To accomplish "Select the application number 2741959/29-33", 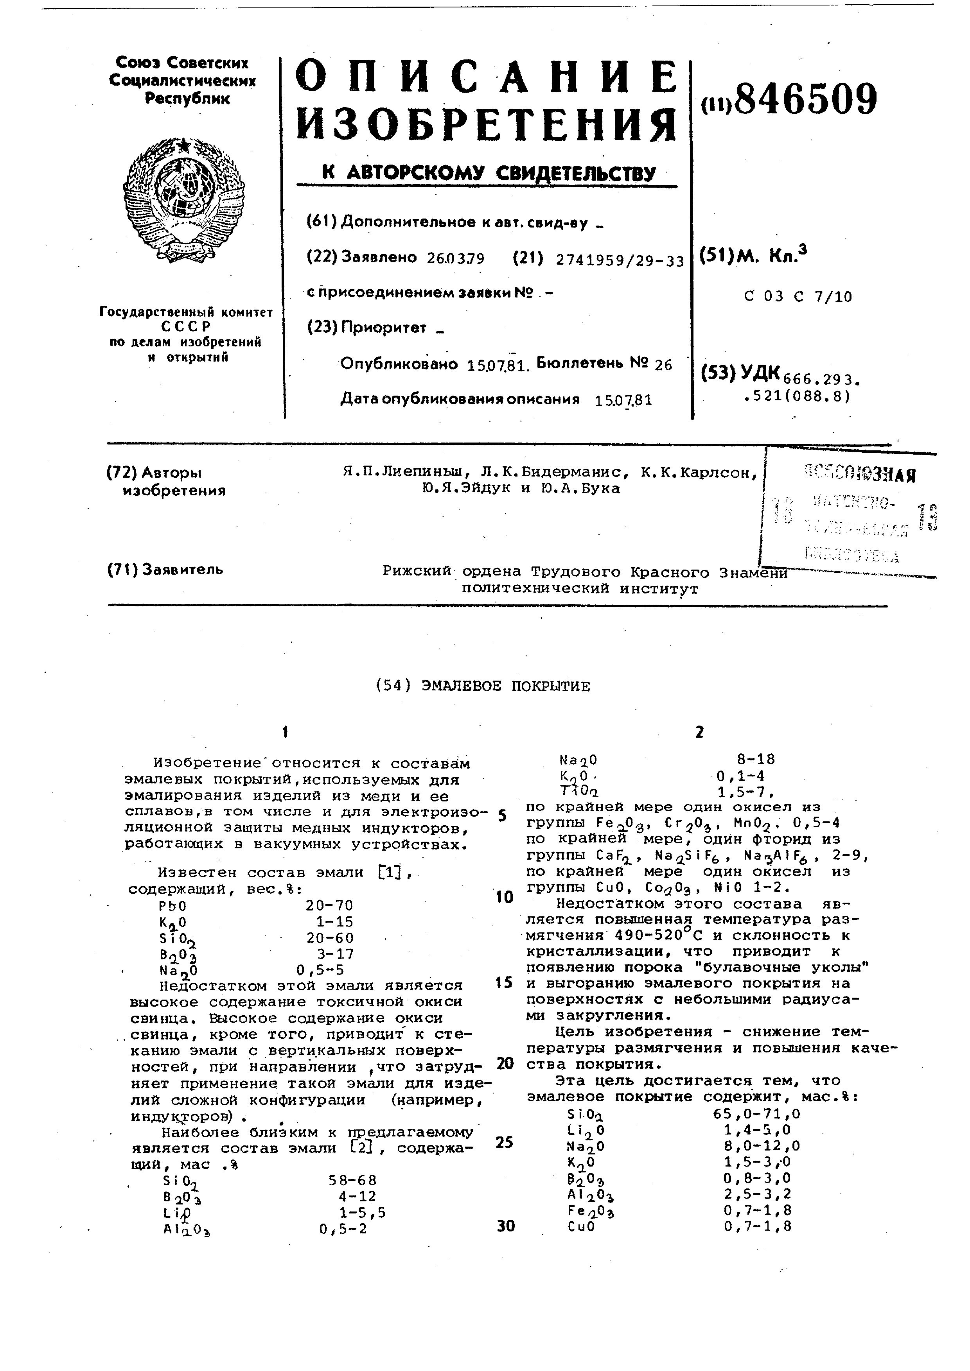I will pyautogui.click(x=620, y=260).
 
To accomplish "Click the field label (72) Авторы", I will pyautogui.click(x=154, y=473).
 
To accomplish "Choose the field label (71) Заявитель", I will pyautogui.click(x=165, y=570).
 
